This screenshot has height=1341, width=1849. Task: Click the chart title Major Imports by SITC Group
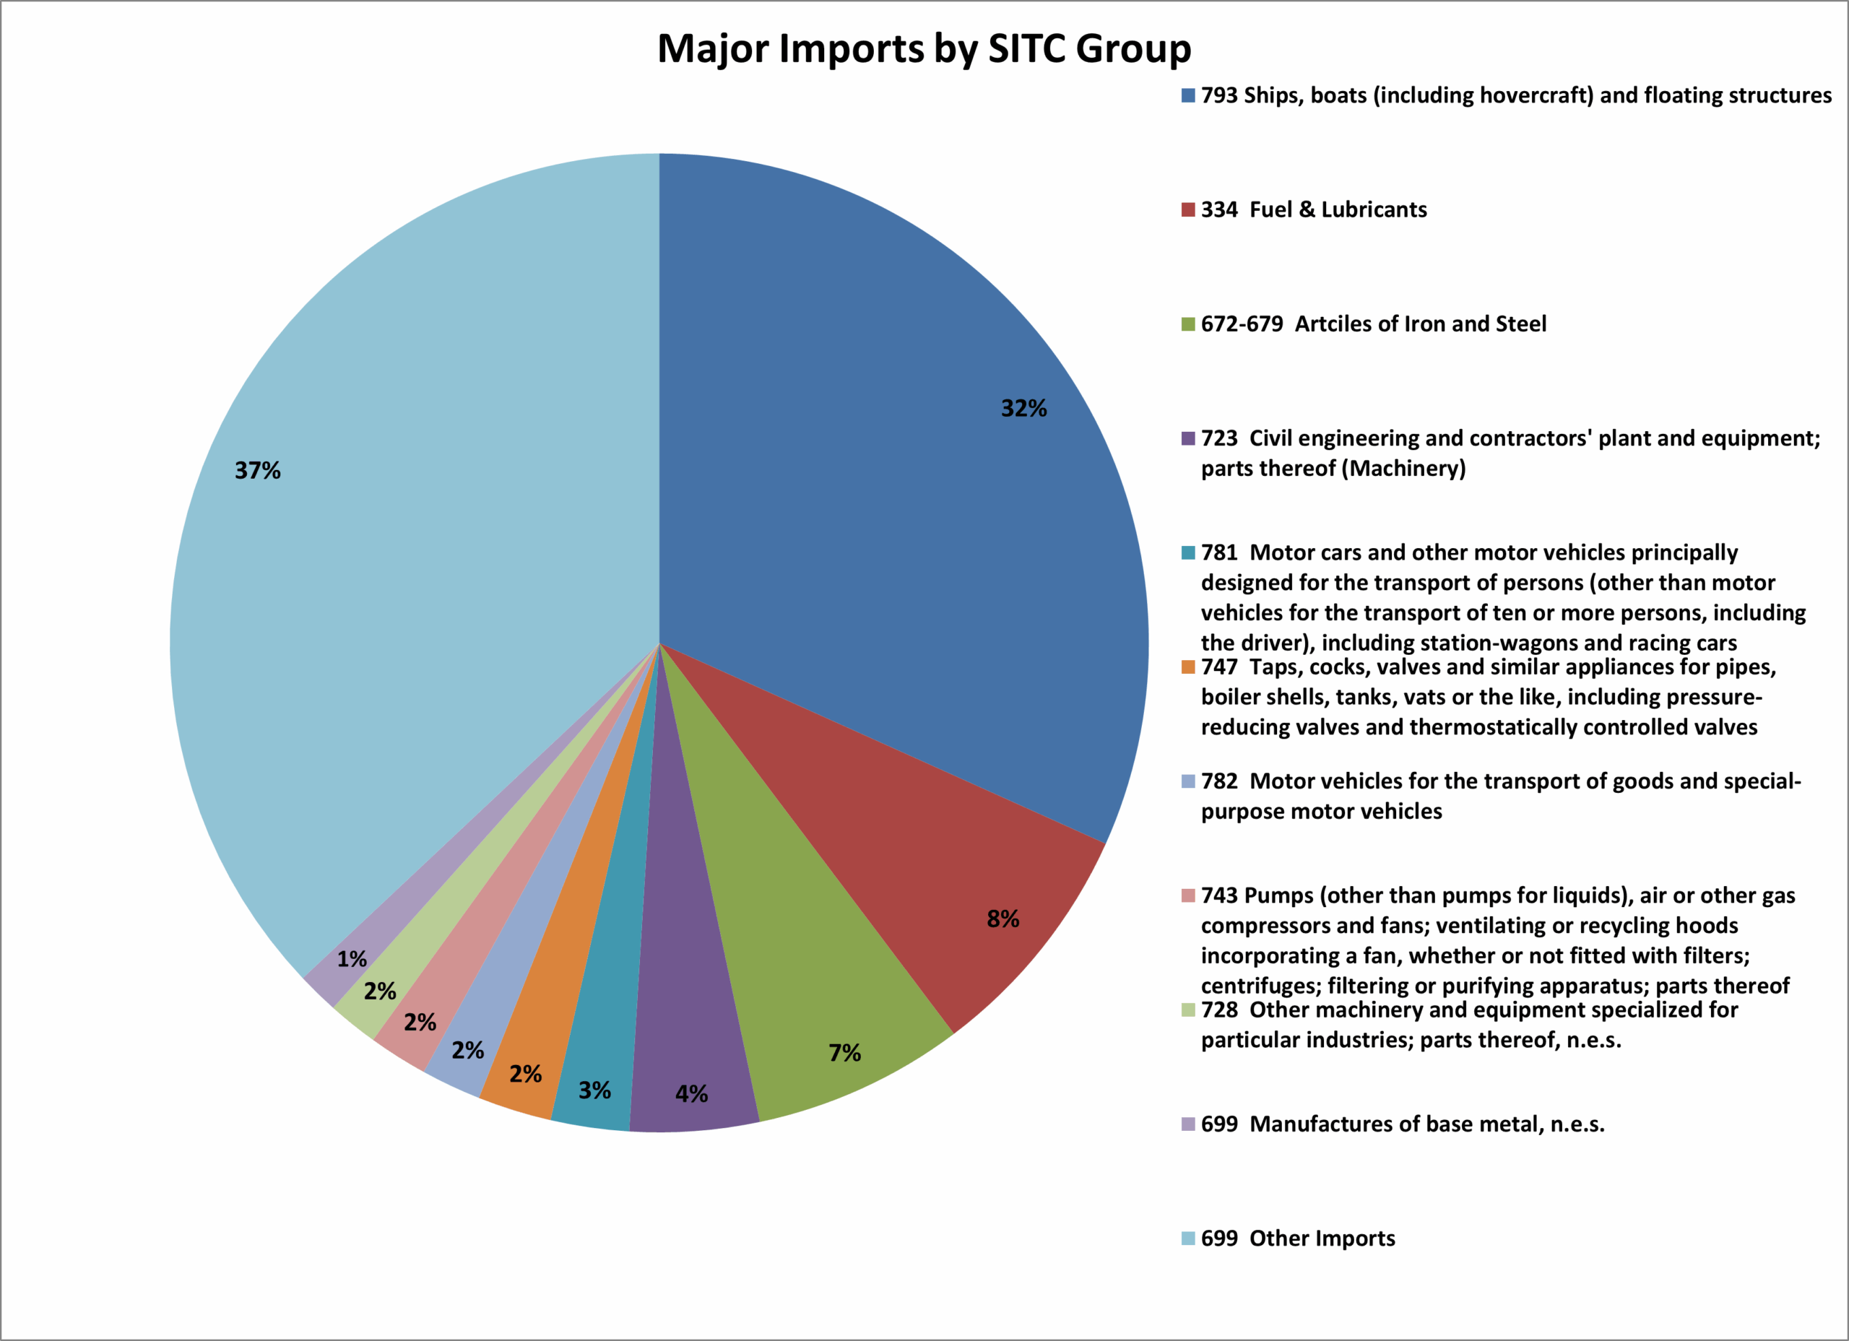click(x=924, y=49)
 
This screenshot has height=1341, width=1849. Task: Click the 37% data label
click(x=258, y=470)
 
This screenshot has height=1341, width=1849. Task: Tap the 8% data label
click(x=1003, y=919)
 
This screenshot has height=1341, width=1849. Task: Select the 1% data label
click(x=352, y=959)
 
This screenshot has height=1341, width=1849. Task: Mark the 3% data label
click(x=594, y=1090)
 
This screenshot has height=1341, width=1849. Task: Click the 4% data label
click(x=691, y=1094)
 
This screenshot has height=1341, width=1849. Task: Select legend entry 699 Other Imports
click(x=1298, y=1238)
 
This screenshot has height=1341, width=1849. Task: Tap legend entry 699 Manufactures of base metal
click(x=1402, y=1124)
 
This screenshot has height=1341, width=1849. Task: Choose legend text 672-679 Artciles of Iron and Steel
click(x=1373, y=324)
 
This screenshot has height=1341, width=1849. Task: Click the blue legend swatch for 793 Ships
click(x=1189, y=96)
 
